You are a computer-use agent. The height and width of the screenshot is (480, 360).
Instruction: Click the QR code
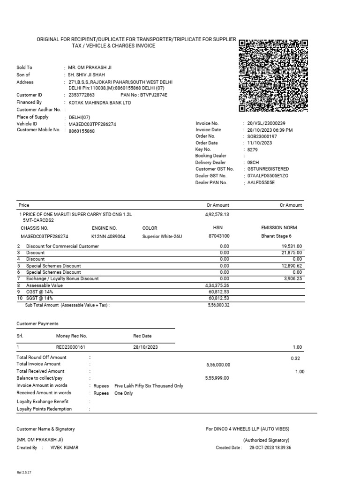coord(273,76)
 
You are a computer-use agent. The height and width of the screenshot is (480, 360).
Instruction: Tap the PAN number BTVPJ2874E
coord(150,95)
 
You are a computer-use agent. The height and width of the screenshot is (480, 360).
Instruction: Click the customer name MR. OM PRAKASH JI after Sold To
coord(90,67)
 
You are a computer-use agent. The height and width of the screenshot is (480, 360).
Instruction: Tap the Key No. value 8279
coord(253,149)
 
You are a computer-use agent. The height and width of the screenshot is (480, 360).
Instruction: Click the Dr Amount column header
coord(218,205)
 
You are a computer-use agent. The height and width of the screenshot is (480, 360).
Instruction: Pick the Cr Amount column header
coord(291,205)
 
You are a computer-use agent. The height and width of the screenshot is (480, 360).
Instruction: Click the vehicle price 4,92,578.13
coord(217,214)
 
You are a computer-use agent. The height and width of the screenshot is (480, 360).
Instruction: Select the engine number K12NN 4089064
coord(108,237)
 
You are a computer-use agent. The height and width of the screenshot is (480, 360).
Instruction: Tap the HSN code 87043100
coord(219,237)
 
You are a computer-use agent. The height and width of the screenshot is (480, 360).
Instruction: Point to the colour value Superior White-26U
coord(162,237)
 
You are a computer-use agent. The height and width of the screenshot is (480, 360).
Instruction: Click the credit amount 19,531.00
coord(292,246)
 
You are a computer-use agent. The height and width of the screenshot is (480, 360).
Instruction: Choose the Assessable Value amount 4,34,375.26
coord(217,285)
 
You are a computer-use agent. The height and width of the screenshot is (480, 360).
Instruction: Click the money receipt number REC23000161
coord(70,347)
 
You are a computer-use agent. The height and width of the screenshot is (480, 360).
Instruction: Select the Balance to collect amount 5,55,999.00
coord(218,378)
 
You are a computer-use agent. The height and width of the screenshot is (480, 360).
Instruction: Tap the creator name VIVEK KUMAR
coord(65,448)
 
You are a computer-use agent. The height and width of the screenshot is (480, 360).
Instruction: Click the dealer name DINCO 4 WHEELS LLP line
coord(247,429)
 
